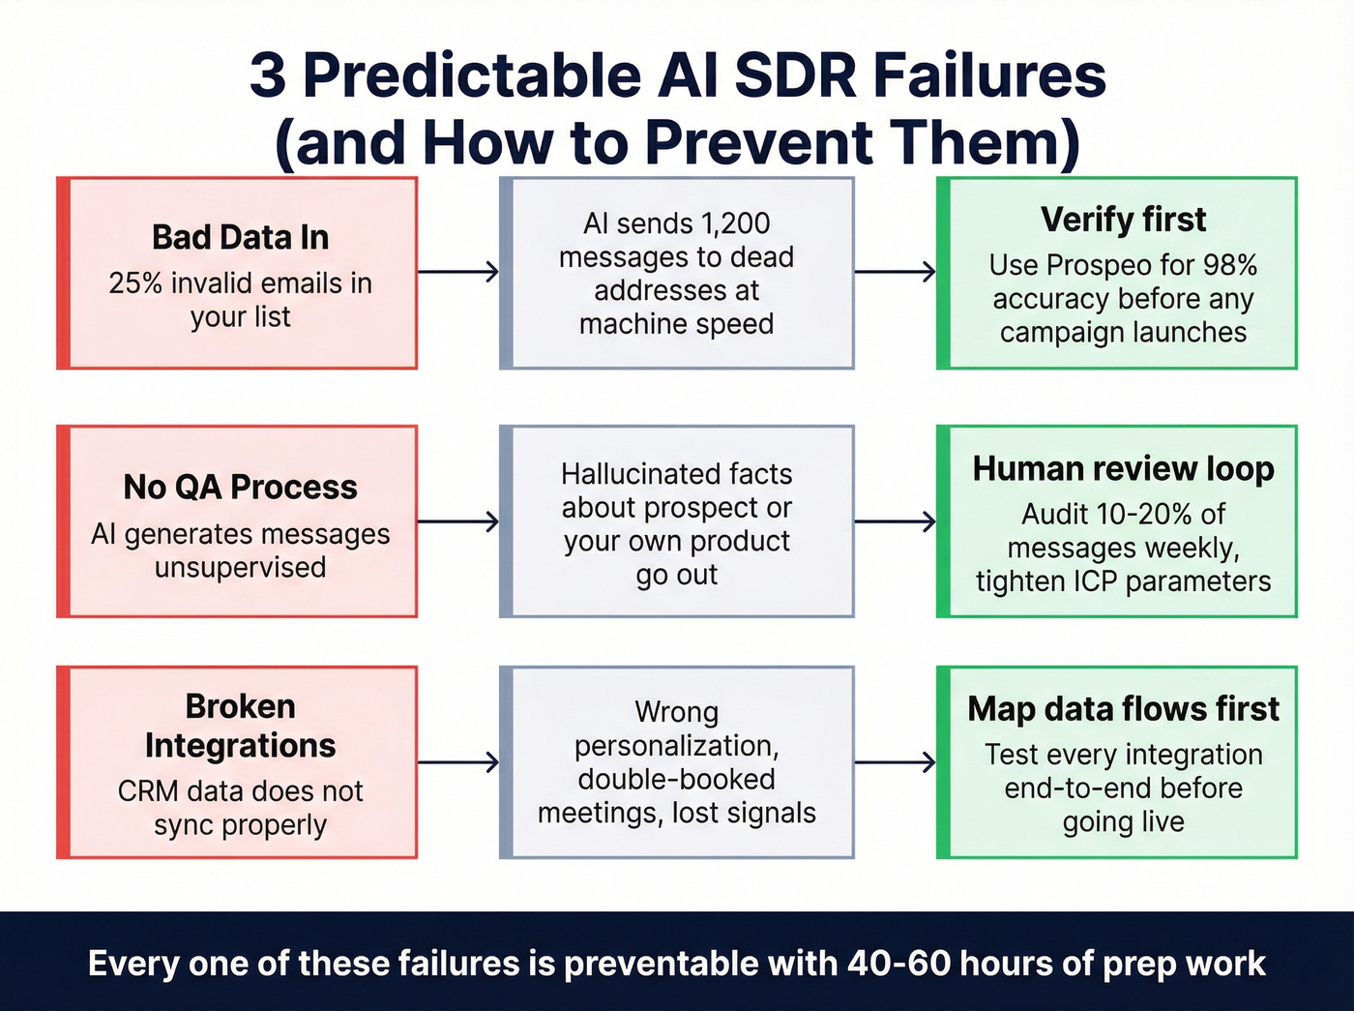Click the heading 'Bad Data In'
coord(240,238)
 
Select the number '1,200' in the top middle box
coord(735,223)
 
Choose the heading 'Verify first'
coord(1123,220)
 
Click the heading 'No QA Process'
coord(240,487)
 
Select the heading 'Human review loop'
coord(1123,469)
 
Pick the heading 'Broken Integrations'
coord(240,726)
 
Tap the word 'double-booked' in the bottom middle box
coord(676,780)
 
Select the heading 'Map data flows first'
coord(1123,709)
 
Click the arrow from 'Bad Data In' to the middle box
coord(458,272)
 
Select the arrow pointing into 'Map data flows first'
coord(896,762)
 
